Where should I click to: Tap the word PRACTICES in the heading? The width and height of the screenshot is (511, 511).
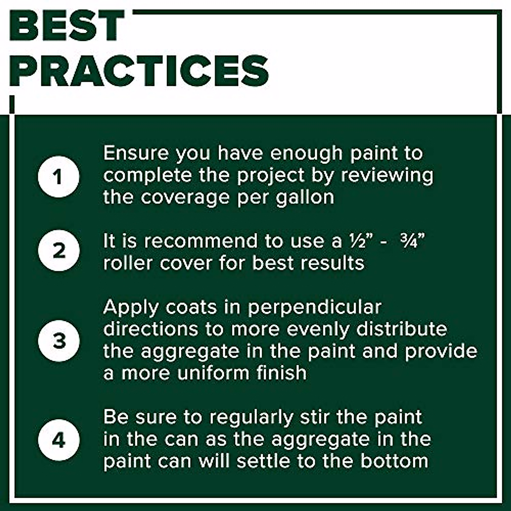pos(139,70)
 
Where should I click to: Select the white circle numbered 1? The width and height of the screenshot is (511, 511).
pos(59,176)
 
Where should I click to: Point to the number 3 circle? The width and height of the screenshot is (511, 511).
pos(59,341)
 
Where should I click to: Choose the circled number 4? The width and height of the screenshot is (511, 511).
pos(59,439)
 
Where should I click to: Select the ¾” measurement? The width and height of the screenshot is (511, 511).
pos(413,241)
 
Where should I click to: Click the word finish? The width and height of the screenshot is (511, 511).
pos(281,373)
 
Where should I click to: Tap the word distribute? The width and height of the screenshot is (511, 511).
pos(402,329)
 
